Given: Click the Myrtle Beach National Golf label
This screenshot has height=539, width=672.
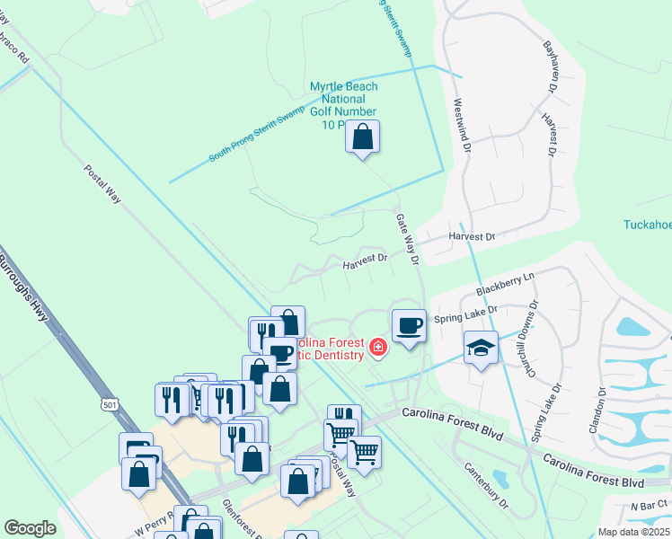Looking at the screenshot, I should (343, 105).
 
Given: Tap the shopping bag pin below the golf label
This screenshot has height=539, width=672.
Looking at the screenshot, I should (362, 137).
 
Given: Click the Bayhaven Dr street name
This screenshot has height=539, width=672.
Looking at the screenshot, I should (549, 66).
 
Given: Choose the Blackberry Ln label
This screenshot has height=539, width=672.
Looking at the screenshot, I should (505, 283).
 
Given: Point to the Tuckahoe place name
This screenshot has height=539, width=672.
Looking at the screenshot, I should (648, 225).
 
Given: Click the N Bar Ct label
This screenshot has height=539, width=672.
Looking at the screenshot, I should (650, 507).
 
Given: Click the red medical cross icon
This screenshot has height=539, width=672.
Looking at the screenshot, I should (377, 347).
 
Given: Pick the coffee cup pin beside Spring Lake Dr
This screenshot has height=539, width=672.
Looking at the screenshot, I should (409, 325).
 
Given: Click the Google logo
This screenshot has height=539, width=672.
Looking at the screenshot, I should (30, 528).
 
